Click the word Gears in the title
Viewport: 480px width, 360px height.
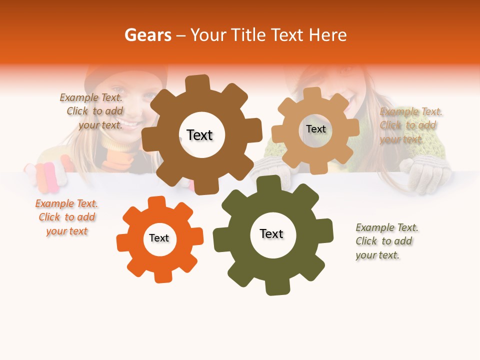click(x=147, y=35)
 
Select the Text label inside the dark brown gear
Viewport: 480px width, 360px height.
click(x=199, y=135)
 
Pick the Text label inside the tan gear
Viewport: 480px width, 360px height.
click(x=315, y=129)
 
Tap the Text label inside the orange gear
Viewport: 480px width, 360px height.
click(x=159, y=238)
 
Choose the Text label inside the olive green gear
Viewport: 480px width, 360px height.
click(x=271, y=233)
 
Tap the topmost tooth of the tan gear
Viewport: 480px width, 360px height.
click(x=312, y=93)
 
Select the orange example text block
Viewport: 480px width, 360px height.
click(x=66, y=217)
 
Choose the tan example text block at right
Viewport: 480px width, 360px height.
click(x=410, y=125)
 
